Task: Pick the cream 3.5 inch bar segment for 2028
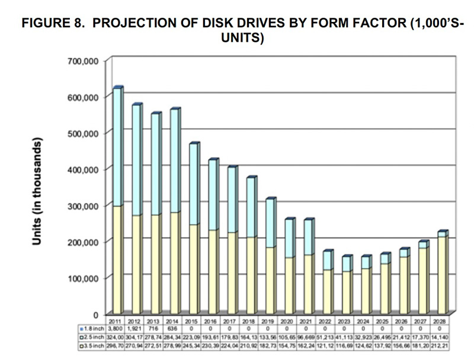tap(442, 275)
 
